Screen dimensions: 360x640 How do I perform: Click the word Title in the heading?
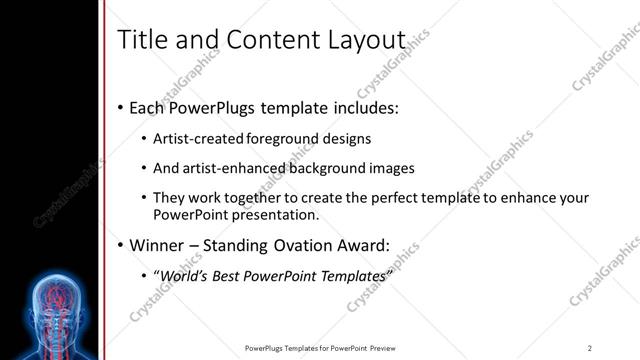coord(141,40)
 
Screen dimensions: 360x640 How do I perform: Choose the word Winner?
coord(156,245)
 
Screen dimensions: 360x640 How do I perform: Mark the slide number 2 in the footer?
coord(590,347)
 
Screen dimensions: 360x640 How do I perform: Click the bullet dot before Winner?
coord(121,245)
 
